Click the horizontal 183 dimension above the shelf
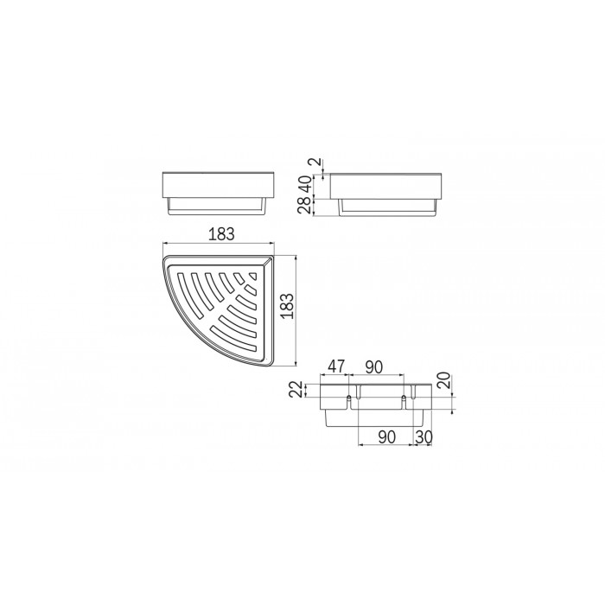(221, 234)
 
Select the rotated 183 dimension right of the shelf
(287, 306)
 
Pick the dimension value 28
(304, 205)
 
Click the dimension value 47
(335, 366)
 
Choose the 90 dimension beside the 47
(374, 367)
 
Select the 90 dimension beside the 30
(387, 437)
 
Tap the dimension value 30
(423, 437)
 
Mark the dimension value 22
(296, 389)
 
